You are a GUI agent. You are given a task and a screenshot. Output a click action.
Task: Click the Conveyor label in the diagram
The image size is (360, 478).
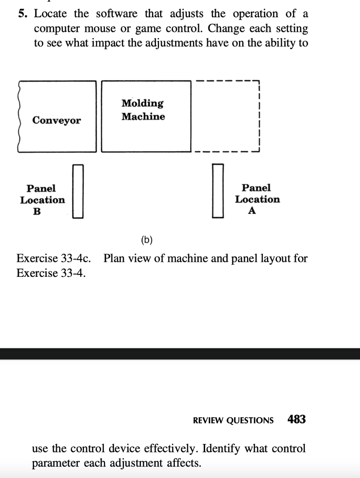pyautogui.click(x=56, y=120)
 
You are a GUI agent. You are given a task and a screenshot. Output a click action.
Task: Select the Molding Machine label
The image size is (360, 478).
pyautogui.click(x=143, y=110)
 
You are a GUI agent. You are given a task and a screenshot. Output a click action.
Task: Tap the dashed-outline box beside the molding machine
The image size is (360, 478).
pyautogui.click(x=259, y=116)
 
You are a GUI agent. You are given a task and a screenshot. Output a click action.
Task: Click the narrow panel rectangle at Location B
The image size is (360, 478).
pyautogui.click(x=78, y=191)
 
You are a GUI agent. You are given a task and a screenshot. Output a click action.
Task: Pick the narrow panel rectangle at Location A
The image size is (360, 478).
pyautogui.click(x=218, y=190)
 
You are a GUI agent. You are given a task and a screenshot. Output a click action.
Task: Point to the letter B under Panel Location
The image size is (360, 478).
pyautogui.click(x=37, y=211)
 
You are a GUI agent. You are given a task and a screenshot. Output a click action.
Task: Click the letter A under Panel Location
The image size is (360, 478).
pyautogui.click(x=252, y=211)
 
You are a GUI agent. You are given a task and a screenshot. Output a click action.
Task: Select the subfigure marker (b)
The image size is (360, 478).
pyautogui.click(x=147, y=240)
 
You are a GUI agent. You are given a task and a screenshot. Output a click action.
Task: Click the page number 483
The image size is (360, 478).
pyautogui.click(x=297, y=420)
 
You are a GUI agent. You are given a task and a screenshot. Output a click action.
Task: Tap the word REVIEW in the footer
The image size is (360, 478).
pyautogui.click(x=208, y=421)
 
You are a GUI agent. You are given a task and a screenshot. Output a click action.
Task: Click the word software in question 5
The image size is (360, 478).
pyautogui.click(x=117, y=14)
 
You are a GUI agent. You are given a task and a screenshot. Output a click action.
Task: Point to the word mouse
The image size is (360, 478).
pyautogui.click(x=100, y=28)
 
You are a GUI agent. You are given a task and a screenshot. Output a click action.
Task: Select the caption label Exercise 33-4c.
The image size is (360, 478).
pyautogui.click(x=54, y=258)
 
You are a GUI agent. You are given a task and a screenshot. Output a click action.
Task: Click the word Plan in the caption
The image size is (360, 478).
pyautogui.click(x=114, y=258)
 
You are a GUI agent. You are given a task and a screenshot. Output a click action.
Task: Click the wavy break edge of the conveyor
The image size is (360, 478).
pyautogui.click(x=19, y=116)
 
